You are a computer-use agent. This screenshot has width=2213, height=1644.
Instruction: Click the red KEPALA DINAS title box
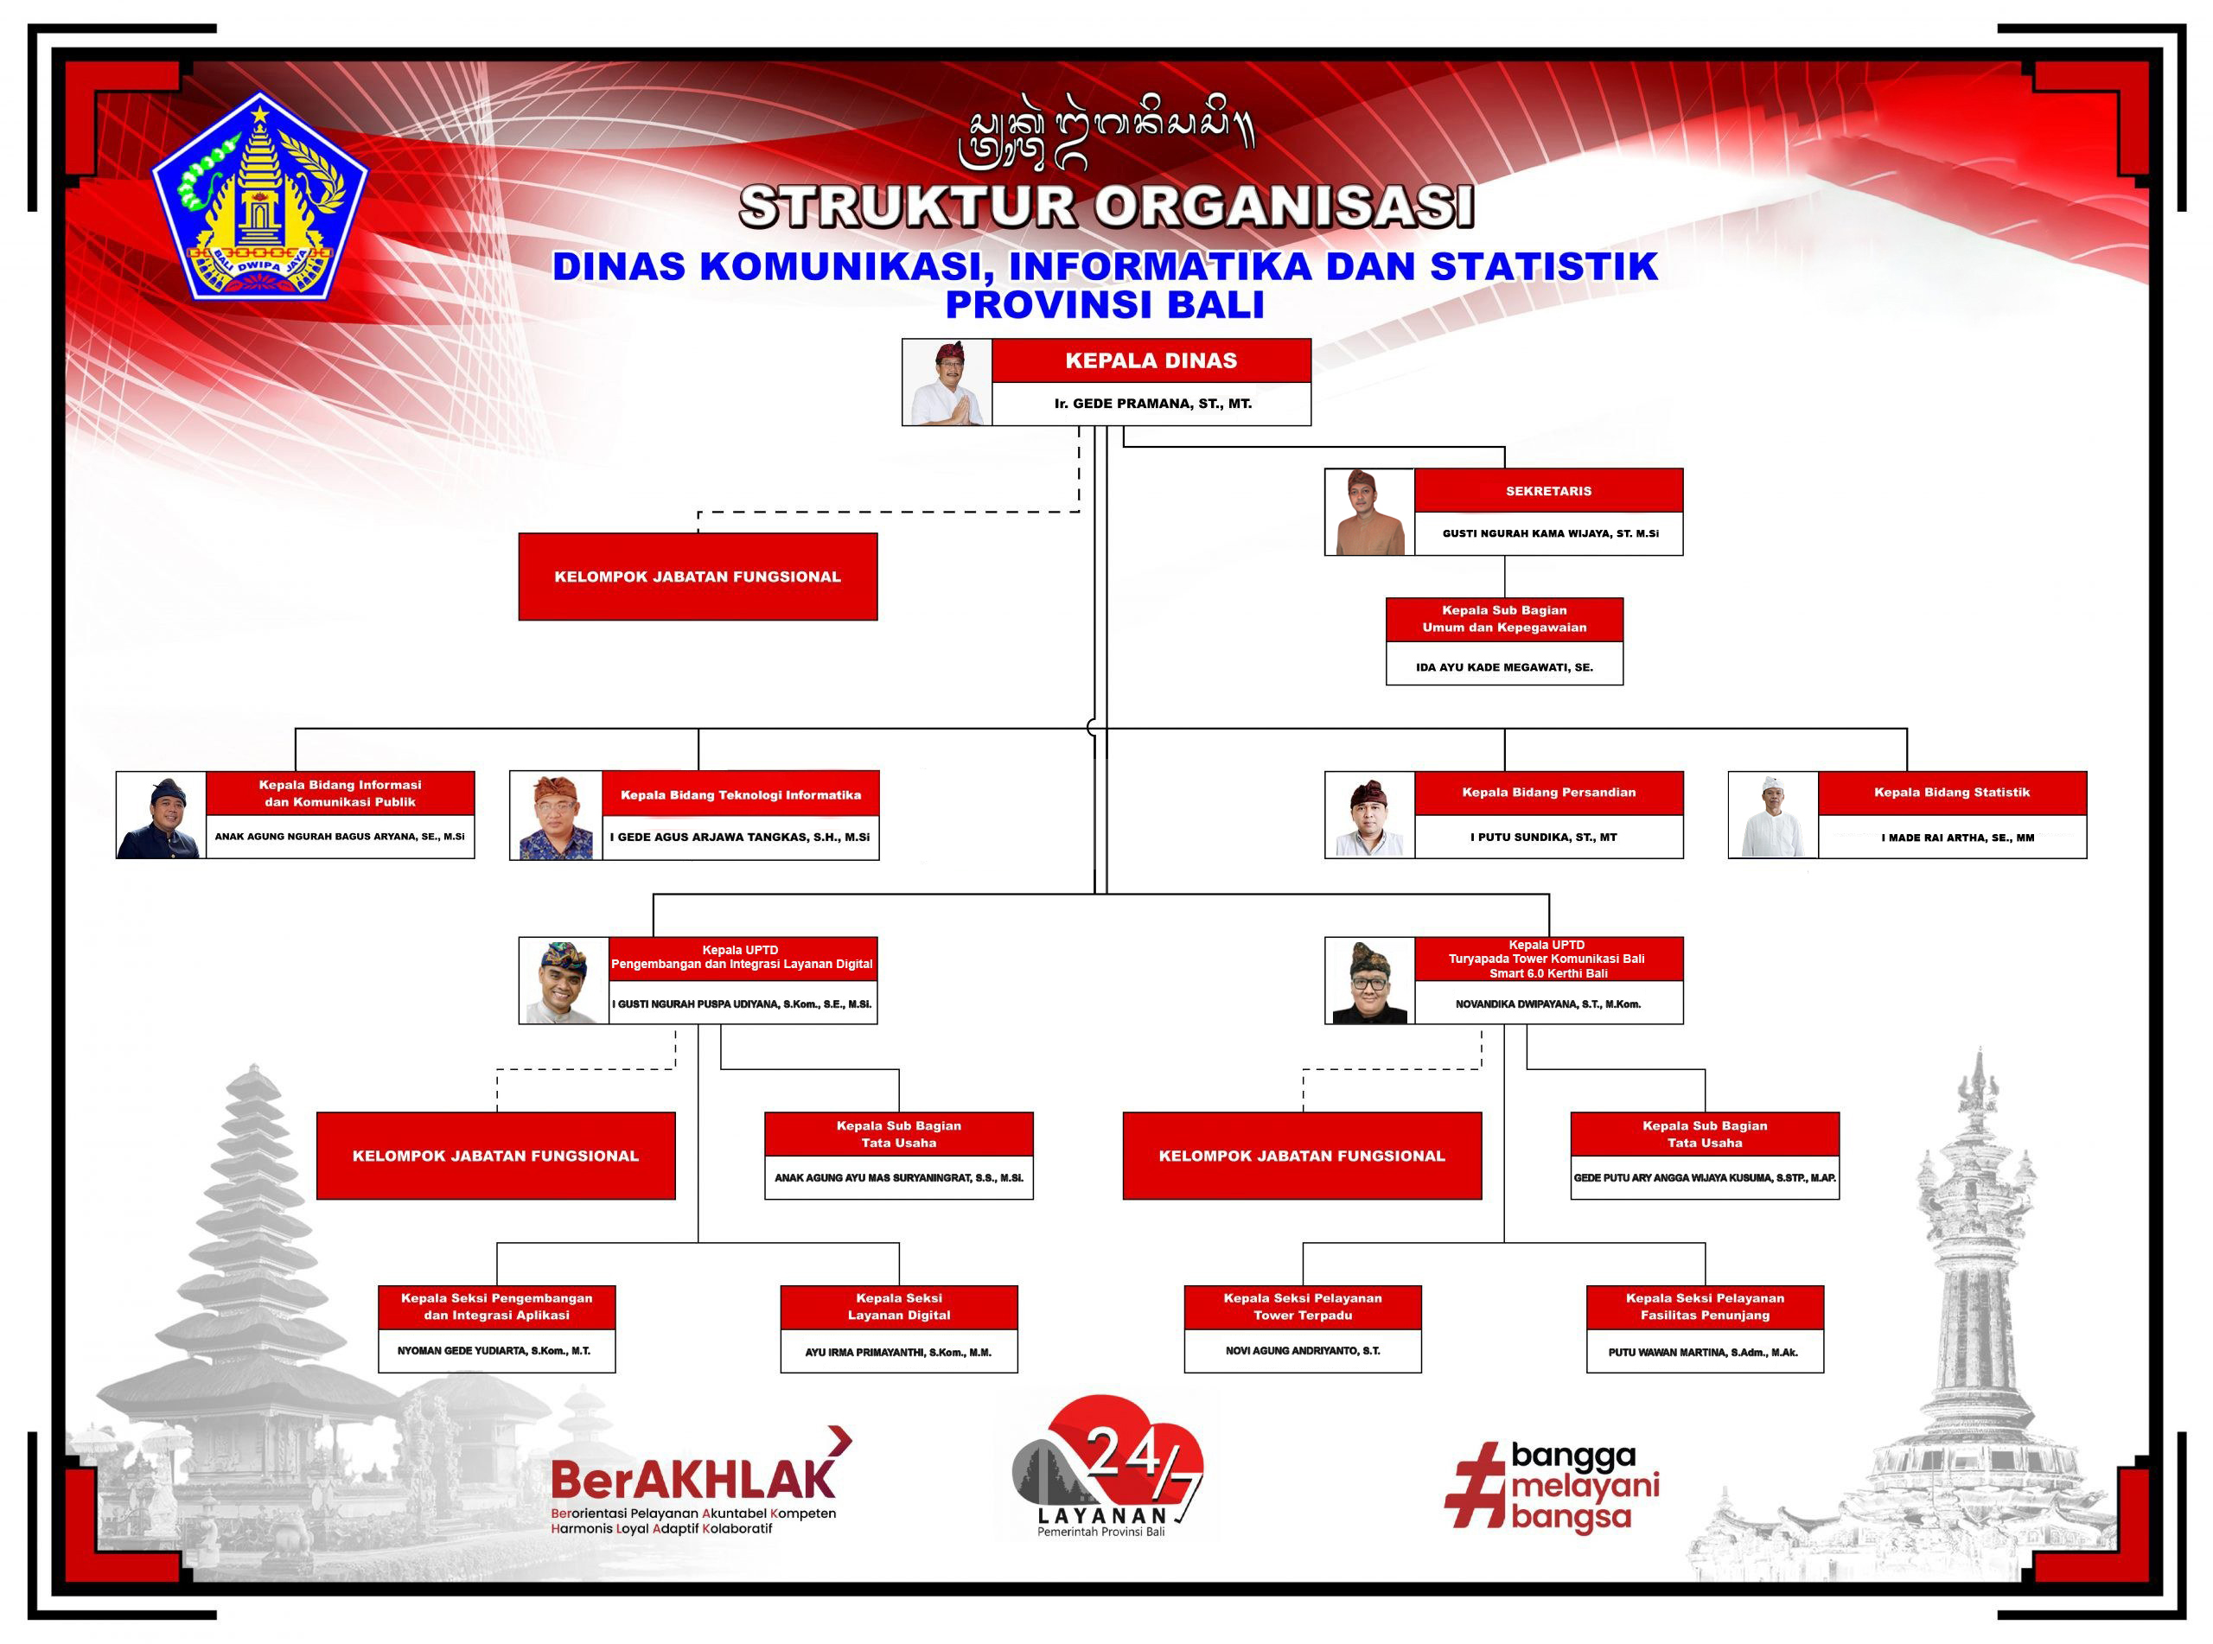tap(1151, 360)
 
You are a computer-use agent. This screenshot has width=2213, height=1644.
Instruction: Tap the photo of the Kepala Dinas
tap(947, 382)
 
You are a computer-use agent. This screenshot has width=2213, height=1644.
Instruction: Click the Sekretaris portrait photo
tap(1369, 512)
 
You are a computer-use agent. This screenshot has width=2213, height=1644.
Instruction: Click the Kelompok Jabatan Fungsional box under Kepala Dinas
tap(698, 577)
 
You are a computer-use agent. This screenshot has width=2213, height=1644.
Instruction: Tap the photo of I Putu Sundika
tap(1369, 815)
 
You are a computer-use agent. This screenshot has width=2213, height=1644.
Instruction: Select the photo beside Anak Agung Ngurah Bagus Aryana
tap(161, 815)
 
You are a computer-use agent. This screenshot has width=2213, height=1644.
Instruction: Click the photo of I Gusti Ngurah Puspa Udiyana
tap(564, 980)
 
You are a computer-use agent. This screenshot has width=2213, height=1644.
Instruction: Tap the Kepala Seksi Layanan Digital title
tap(898, 1307)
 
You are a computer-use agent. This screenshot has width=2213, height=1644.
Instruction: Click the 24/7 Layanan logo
tap(1106, 1466)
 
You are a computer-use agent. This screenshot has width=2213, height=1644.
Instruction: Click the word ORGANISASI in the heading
tap(1285, 207)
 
